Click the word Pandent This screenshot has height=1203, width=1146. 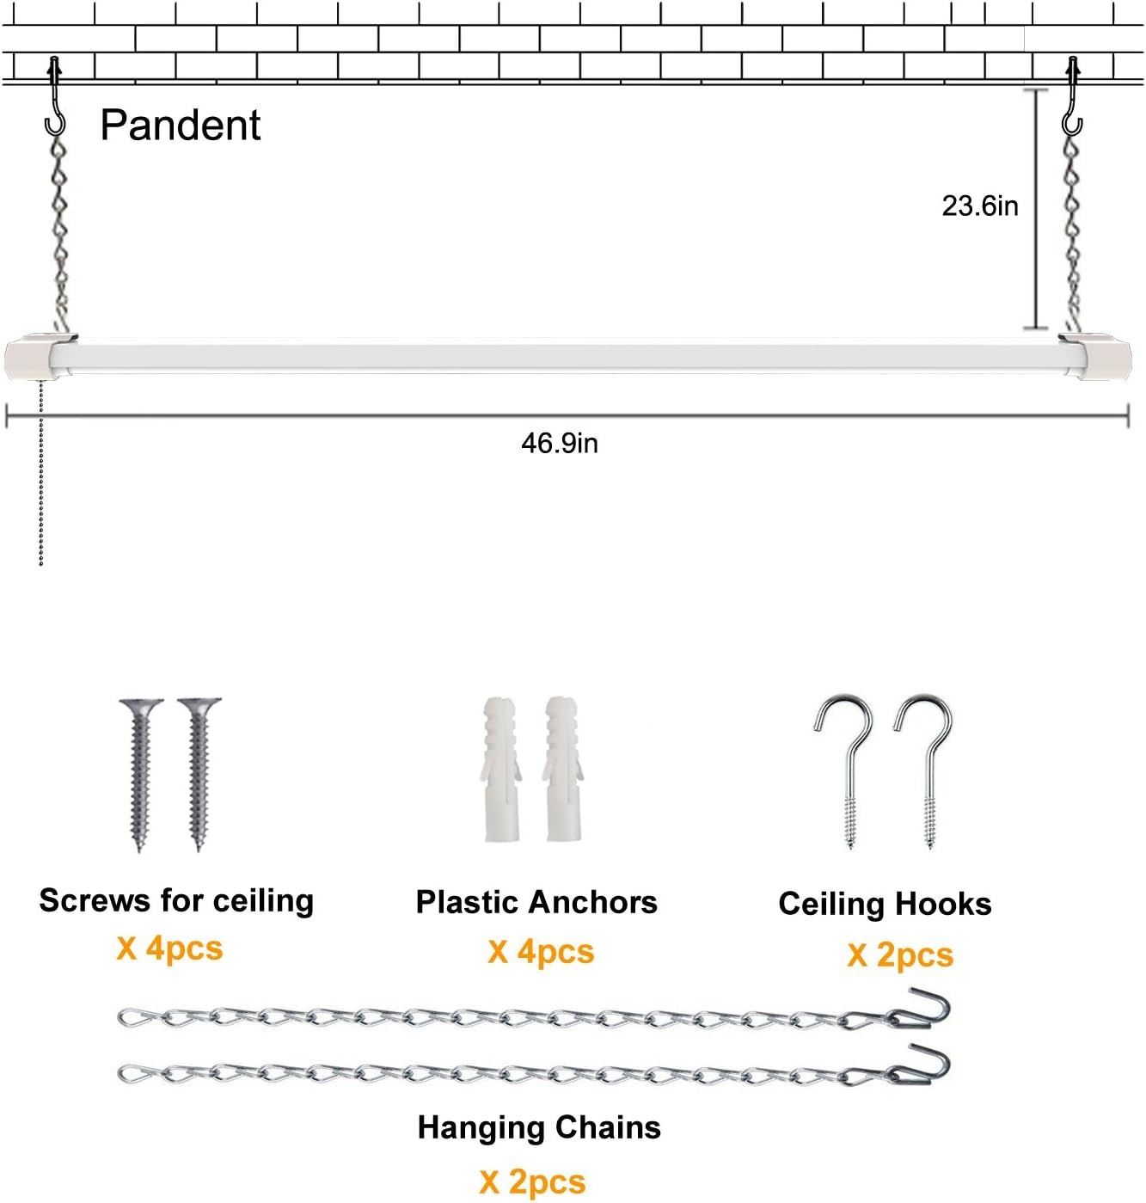(x=180, y=126)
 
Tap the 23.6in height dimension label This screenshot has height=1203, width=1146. (x=979, y=206)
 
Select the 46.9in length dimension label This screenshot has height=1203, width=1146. (x=559, y=443)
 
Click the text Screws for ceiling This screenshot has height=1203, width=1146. (x=176, y=900)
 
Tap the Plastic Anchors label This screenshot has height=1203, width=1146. (x=536, y=902)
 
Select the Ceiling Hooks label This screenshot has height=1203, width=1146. (x=885, y=904)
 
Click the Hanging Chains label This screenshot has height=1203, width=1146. (x=539, y=1127)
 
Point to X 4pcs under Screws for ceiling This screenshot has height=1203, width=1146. (x=169, y=948)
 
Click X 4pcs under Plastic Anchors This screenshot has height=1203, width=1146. (x=541, y=952)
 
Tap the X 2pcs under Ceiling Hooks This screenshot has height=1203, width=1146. (x=900, y=955)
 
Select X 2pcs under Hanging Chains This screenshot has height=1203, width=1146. (x=532, y=1182)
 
